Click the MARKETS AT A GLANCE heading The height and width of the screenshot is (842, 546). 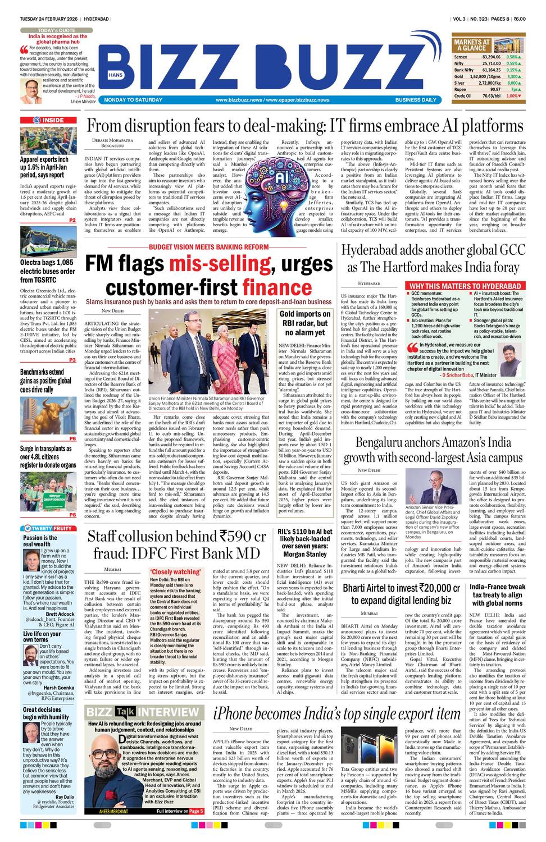point(471,45)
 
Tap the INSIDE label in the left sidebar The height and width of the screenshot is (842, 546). point(53,120)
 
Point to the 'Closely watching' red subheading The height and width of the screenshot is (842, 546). point(175,572)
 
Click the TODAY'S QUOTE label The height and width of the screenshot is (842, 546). point(56,30)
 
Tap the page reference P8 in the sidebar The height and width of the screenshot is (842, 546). point(72,514)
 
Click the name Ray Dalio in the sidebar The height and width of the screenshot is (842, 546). point(65,796)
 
